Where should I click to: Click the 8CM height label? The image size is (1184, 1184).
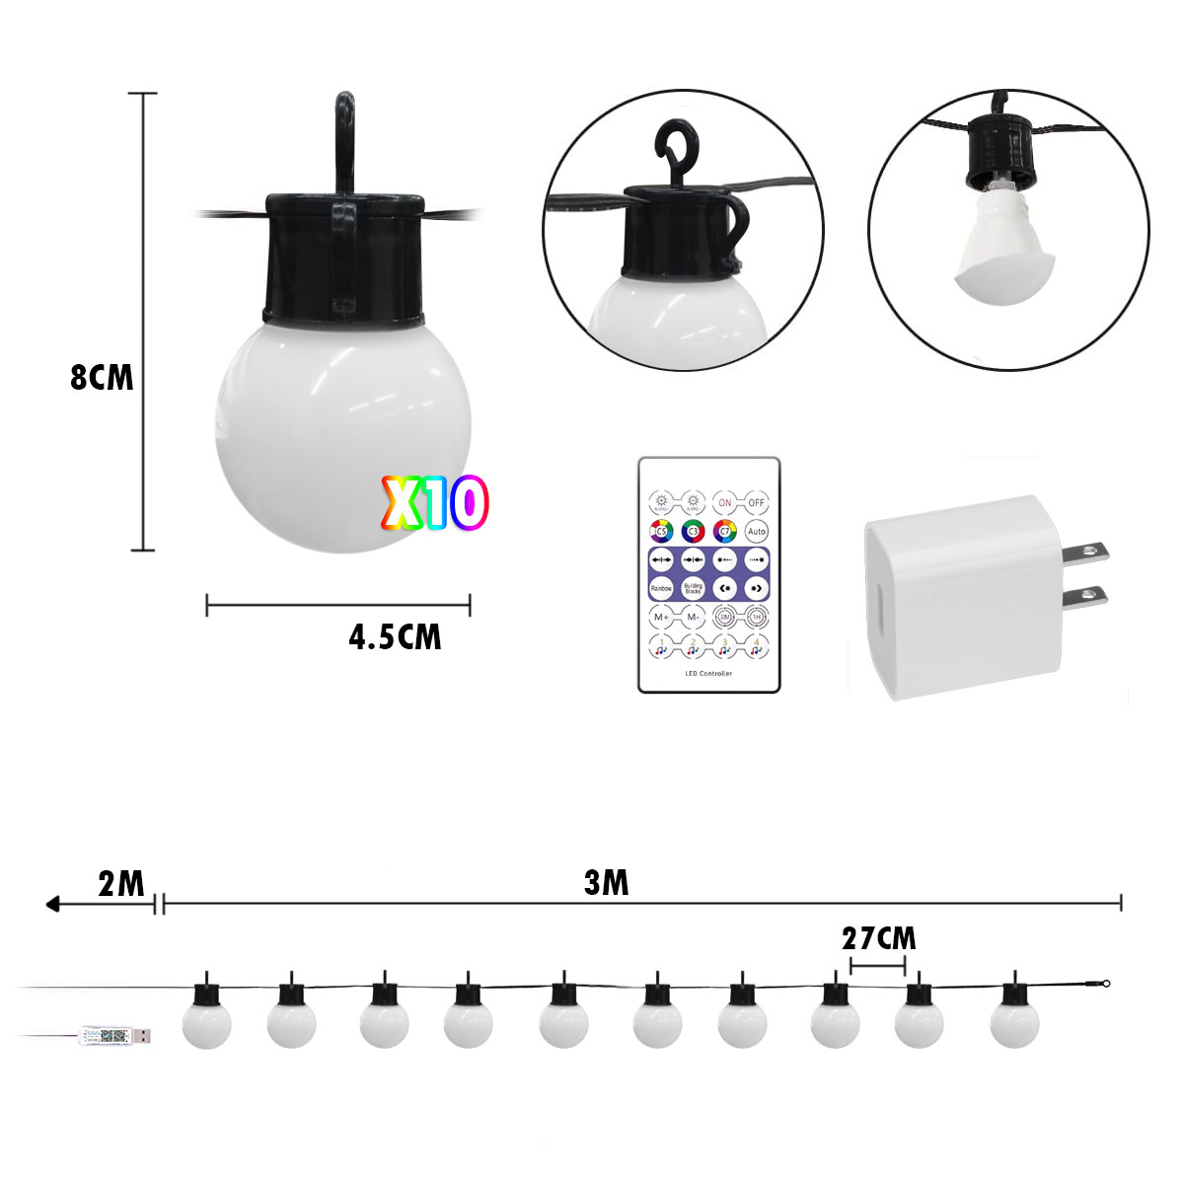click(x=102, y=378)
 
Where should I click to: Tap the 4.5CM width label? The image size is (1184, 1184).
click(x=395, y=636)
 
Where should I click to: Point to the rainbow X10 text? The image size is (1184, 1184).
click(x=435, y=504)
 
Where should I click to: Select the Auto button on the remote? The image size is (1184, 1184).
click(x=757, y=531)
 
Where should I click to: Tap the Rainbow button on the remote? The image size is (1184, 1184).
click(x=661, y=587)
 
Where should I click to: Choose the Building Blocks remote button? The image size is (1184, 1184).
click(x=693, y=587)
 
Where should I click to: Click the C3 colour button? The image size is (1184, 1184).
click(x=693, y=531)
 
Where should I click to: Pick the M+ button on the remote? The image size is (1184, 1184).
click(x=661, y=618)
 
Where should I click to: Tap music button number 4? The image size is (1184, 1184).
click(x=757, y=647)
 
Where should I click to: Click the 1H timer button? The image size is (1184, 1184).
click(x=757, y=618)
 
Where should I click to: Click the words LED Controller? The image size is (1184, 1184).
click(x=708, y=674)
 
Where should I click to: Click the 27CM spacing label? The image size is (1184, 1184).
click(x=878, y=937)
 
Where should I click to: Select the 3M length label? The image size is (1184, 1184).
click(x=606, y=882)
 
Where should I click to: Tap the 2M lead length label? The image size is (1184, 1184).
click(x=121, y=883)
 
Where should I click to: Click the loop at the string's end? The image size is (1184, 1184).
click(x=1107, y=983)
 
